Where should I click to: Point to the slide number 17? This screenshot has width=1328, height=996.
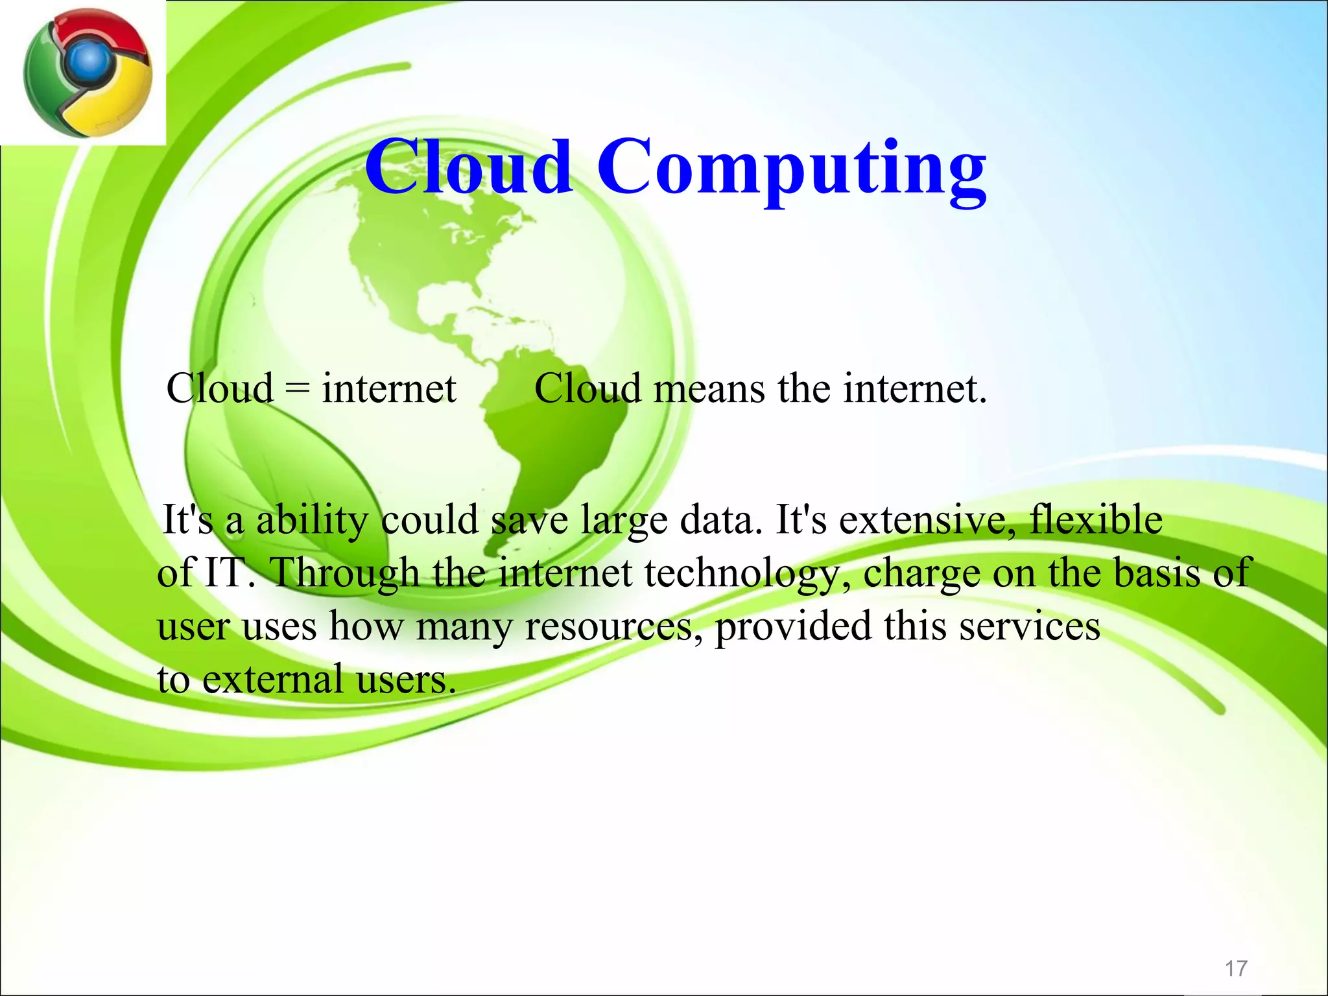coord(1235,969)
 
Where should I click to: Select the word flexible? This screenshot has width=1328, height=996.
coord(1096,520)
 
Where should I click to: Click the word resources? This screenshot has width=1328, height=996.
coord(613,628)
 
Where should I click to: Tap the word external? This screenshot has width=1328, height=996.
coord(273,680)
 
